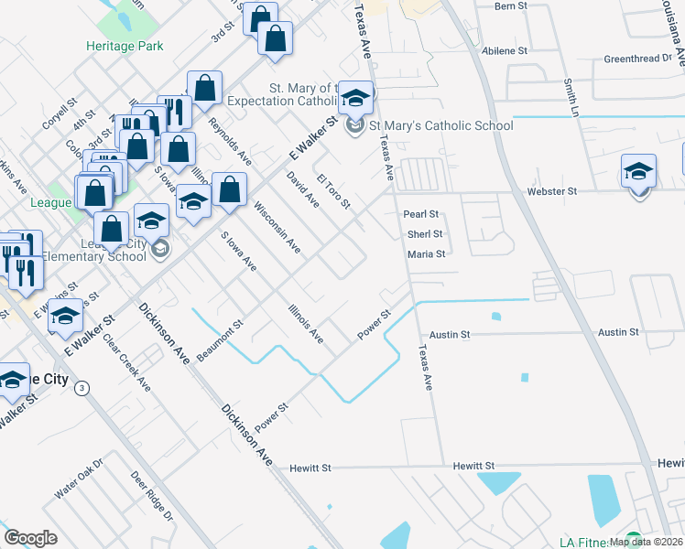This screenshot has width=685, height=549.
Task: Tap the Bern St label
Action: pyautogui.click(x=511, y=5)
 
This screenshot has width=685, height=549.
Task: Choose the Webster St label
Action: pyautogui.click(x=551, y=192)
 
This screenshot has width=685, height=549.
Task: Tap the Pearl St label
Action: pyautogui.click(x=422, y=214)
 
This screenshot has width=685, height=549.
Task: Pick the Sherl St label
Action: pyautogui.click(x=425, y=234)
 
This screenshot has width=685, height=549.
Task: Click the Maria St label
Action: pyautogui.click(x=426, y=254)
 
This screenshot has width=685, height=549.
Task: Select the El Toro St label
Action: pyautogui.click(x=333, y=190)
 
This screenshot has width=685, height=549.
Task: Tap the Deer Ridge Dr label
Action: pyautogui.click(x=152, y=496)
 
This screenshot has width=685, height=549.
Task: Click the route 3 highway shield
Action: pyautogui.click(x=83, y=387)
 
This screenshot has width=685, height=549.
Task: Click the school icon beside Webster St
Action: pyautogui.click(x=638, y=172)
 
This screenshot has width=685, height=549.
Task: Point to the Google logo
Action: pyautogui.click(x=30, y=538)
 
